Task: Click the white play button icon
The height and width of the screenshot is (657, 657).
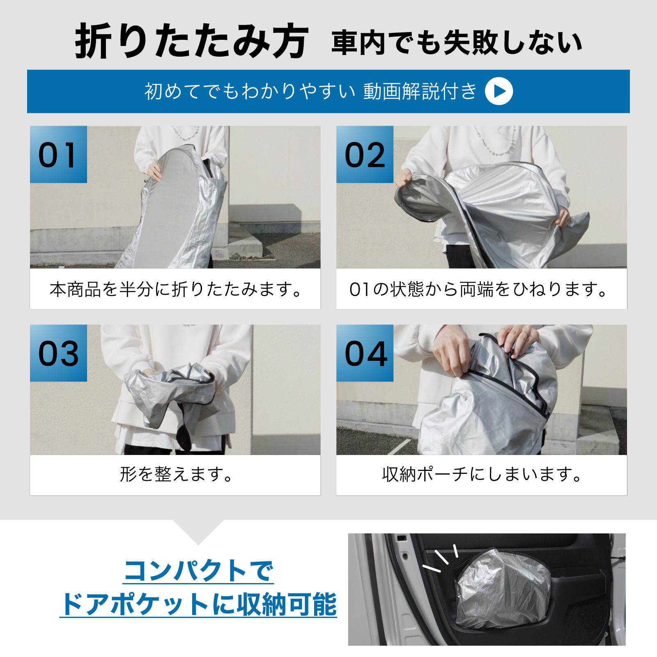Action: click(499, 91)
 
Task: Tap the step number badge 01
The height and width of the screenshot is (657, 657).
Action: click(58, 154)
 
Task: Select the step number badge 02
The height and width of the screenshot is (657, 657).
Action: click(365, 154)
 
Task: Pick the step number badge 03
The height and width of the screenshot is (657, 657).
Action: click(58, 353)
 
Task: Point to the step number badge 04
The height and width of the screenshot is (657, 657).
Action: click(365, 353)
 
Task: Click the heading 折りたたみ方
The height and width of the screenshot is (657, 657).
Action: click(191, 41)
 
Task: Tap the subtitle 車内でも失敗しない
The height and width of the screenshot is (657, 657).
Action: click(457, 42)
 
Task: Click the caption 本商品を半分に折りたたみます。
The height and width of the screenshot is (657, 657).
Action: click(176, 289)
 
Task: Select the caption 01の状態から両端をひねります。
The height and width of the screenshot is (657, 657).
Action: click(478, 289)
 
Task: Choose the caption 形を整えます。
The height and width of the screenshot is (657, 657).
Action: click(176, 474)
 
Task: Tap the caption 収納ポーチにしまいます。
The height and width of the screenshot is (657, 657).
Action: click(482, 474)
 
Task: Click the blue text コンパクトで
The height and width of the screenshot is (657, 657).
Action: click(198, 571)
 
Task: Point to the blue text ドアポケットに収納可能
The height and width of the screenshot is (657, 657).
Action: click(198, 604)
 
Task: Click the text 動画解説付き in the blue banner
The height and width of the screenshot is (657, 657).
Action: click(420, 91)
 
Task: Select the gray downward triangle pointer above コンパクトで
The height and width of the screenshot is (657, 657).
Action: click(198, 530)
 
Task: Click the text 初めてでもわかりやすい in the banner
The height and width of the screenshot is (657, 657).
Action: click(250, 91)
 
